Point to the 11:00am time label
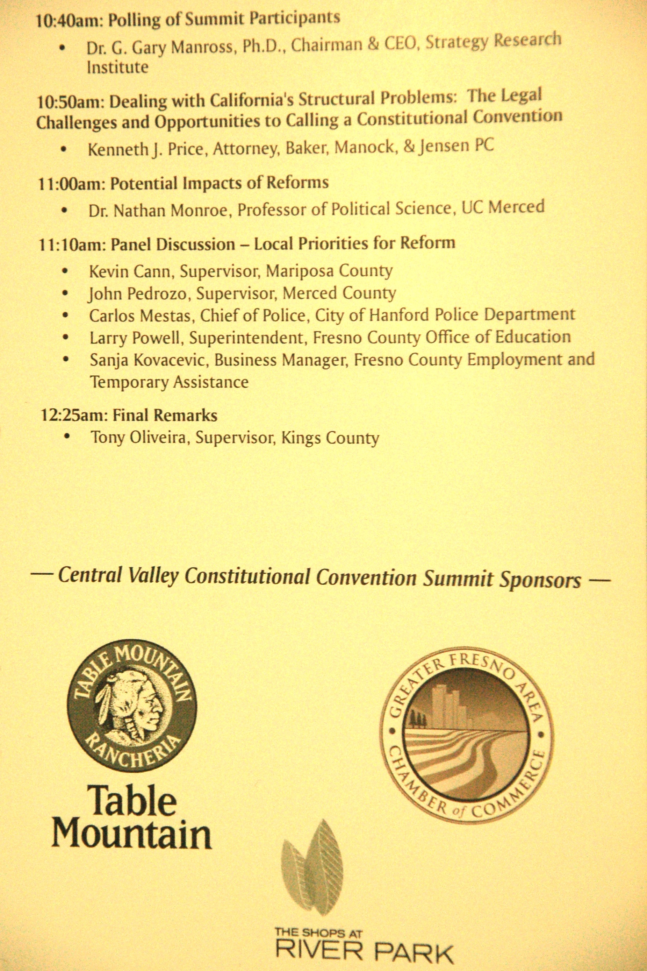71,184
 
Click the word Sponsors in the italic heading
540,580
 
